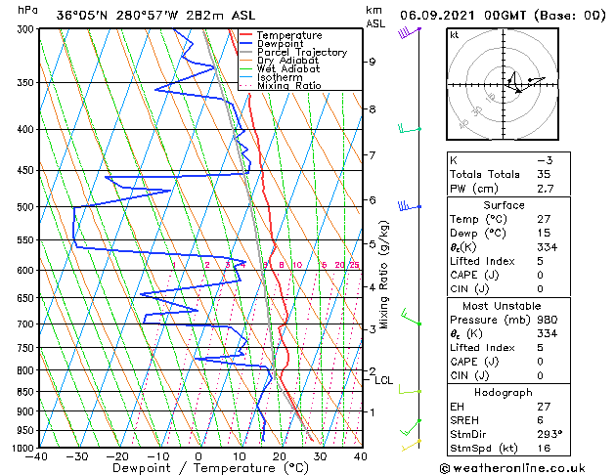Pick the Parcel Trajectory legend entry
tap(301, 52)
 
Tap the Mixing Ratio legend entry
tap(288, 86)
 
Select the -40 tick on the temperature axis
tap(38, 455)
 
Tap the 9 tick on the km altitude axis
tap(373, 62)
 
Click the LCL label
tap(383, 381)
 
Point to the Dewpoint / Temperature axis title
tap(198, 468)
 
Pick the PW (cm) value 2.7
tap(544, 189)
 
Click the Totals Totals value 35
tap(544, 174)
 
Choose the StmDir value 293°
tap(547, 434)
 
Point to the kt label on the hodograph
tap(454, 35)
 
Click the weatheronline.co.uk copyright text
tap(527, 466)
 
